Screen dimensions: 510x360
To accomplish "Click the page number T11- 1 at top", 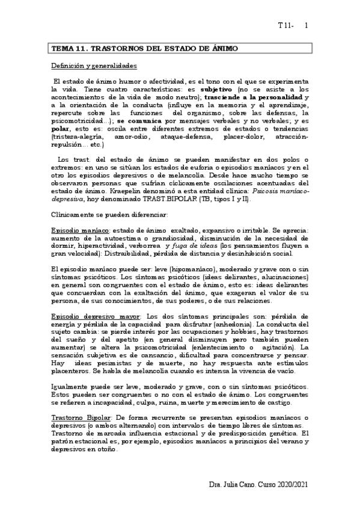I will [x=293, y=26].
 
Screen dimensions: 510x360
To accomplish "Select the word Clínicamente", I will [x=72, y=215].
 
